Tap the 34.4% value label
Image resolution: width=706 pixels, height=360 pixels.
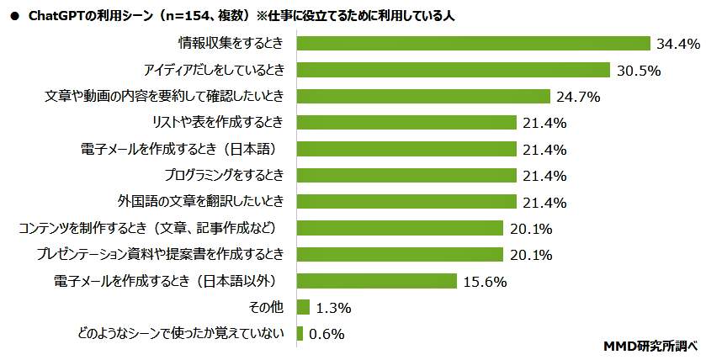click(x=677, y=44)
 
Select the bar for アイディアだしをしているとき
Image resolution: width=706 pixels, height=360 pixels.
click(x=454, y=70)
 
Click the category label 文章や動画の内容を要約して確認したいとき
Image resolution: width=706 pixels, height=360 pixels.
click(x=163, y=96)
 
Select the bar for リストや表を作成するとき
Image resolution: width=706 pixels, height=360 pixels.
click(x=406, y=123)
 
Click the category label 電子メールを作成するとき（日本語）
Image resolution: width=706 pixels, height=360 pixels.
click(x=178, y=149)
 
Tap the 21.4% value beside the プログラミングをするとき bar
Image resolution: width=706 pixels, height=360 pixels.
click(x=543, y=176)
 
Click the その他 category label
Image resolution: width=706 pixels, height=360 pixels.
click(x=268, y=307)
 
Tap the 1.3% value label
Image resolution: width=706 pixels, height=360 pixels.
click(x=334, y=308)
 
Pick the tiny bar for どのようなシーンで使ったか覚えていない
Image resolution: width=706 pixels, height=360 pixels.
click(x=300, y=333)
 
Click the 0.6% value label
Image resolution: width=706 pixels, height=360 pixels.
click(x=327, y=334)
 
